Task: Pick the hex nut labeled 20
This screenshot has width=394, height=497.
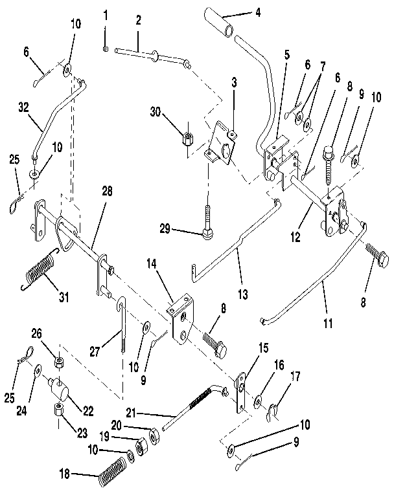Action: coord(153,437)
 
